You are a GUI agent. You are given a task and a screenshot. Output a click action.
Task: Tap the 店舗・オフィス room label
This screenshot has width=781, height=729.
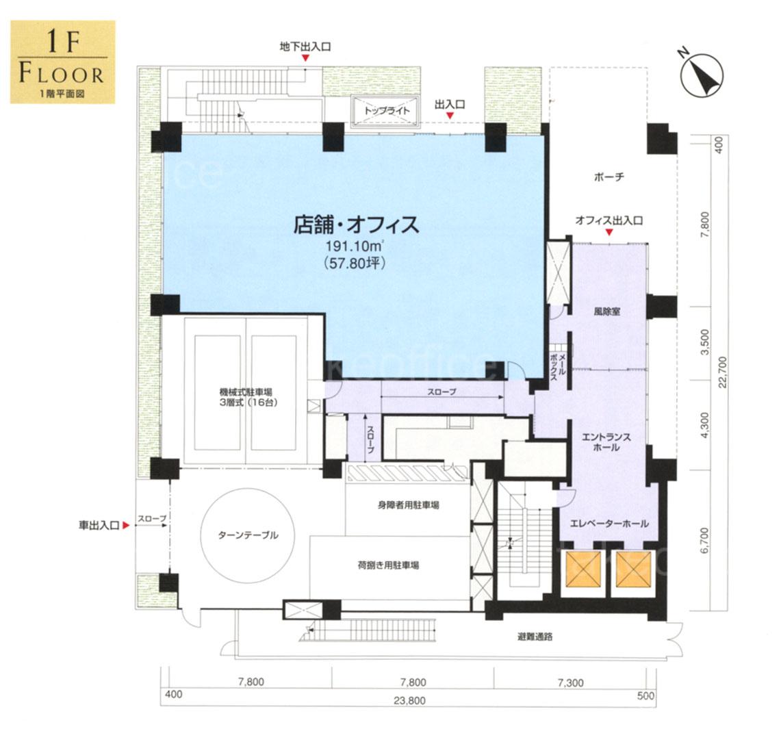(x=356, y=225)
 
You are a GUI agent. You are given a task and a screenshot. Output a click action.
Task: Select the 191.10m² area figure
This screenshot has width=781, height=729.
(x=356, y=246)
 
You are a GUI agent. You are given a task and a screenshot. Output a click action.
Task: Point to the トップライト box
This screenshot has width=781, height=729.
(x=387, y=110)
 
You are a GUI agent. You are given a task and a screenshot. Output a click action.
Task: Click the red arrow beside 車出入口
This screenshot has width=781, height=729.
(x=127, y=525)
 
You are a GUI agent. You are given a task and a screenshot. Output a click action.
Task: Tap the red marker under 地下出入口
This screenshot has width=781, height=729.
(x=305, y=58)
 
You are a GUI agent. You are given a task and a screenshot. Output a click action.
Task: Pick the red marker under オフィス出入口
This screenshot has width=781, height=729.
(x=609, y=233)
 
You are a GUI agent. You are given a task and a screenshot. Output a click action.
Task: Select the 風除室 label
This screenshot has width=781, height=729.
(x=606, y=312)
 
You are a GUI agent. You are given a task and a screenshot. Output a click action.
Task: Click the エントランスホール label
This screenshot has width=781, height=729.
(x=606, y=442)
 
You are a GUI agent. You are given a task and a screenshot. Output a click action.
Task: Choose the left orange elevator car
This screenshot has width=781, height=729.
(x=584, y=569)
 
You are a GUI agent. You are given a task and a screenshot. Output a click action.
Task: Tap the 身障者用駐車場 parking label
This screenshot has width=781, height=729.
(x=408, y=505)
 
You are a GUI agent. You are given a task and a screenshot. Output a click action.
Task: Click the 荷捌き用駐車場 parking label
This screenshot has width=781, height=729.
(x=388, y=565)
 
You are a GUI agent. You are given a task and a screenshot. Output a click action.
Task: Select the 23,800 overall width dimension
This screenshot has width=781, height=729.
(x=410, y=701)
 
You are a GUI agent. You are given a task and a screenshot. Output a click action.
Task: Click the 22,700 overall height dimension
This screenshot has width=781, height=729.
(x=722, y=372)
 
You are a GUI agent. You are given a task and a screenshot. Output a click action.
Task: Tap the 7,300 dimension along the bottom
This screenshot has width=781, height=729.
(x=571, y=682)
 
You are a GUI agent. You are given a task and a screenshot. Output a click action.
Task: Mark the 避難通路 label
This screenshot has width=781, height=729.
(x=535, y=637)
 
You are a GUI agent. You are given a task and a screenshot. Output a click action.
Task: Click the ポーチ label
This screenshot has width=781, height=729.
(x=609, y=177)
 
